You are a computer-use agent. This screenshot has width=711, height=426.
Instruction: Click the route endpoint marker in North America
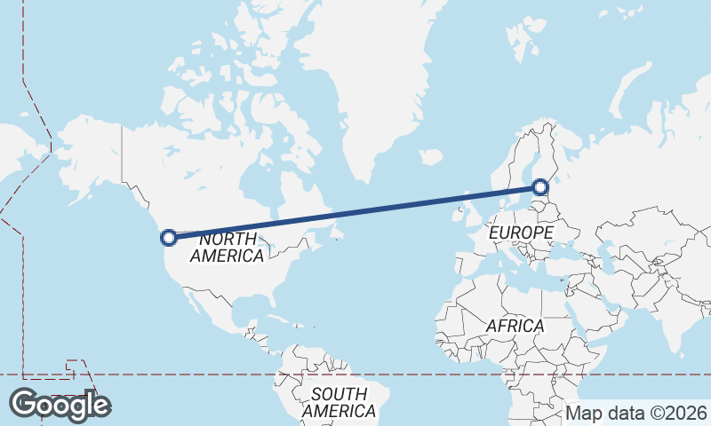[168, 237]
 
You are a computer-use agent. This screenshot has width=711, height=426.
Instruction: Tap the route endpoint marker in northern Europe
[540, 187]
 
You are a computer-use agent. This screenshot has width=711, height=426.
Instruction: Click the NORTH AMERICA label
[228, 248]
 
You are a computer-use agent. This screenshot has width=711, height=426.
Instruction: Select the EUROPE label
[521, 233]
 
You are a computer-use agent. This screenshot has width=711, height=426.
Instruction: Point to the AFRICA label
[515, 326]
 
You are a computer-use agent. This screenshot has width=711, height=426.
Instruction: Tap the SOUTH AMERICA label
[339, 403]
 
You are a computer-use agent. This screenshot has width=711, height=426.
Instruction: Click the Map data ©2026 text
[635, 413]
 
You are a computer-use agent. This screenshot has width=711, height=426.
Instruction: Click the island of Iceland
[430, 157]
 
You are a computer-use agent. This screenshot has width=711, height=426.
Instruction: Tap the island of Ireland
[453, 214]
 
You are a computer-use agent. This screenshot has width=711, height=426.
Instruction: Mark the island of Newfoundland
[335, 233]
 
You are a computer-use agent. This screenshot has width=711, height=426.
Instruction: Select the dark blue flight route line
[355, 212]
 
